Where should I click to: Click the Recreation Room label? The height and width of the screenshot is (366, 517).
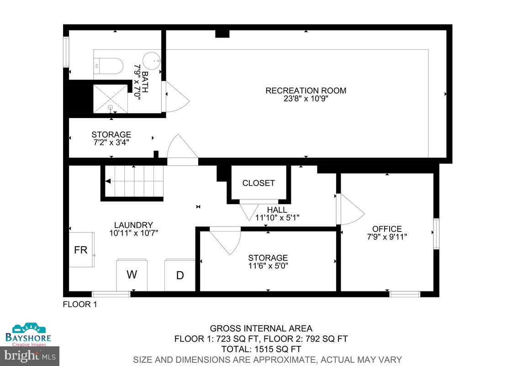pos(306,91)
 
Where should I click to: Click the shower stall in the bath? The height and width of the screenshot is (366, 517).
pos(111,98)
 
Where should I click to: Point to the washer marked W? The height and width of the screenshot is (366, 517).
pos(132,274)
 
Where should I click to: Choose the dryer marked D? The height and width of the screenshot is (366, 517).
pos(180,275)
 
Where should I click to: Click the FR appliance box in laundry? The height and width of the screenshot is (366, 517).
pos(81,250)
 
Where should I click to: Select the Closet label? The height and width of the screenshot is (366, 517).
pos(258,183)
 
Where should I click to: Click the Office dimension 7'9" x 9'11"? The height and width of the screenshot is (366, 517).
pos(387,237)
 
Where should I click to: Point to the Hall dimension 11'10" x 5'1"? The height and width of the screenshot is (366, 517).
pos(277,217)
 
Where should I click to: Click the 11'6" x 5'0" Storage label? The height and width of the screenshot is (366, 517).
pos(268,265)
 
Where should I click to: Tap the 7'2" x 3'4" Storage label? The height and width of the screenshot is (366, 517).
pos(111,142)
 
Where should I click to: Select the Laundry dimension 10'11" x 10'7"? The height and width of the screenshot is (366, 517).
pos(133,232)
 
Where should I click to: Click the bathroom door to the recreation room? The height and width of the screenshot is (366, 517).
pos(176,96)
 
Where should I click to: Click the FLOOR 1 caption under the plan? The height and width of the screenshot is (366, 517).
pos(79,304)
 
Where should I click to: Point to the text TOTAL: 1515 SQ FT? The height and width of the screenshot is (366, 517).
pos(261,349)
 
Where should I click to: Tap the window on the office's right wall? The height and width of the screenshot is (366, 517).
pos(436,234)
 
